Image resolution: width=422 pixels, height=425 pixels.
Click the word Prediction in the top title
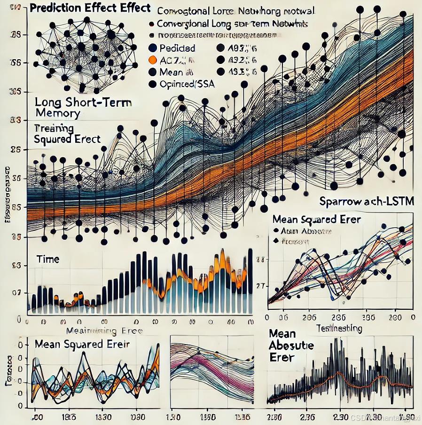[x=52, y=8]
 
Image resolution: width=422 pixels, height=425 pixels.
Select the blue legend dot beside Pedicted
[x=151, y=48]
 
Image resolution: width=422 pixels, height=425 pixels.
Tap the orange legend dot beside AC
[x=151, y=60]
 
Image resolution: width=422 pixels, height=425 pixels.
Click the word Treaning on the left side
[x=54, y=128]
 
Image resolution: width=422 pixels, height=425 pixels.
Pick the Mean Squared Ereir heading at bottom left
[x=82, y=344]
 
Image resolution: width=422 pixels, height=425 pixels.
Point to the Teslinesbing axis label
[x=339, y=328]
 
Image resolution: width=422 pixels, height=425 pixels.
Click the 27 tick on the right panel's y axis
[x=260, y=286]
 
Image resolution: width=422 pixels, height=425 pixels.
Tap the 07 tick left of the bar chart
[x=17, y=292]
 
